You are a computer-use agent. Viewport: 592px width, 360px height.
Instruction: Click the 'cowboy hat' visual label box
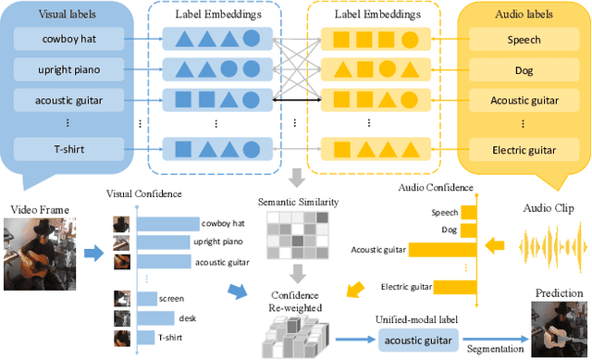click(68, 41)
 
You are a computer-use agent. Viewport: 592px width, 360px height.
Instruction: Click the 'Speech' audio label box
click(523, 41)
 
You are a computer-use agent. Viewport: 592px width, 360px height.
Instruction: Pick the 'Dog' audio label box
click(523, 69)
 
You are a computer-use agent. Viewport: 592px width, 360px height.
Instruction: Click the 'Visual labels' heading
click(68, 15)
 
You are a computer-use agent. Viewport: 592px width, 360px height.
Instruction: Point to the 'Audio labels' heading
click(523, 15)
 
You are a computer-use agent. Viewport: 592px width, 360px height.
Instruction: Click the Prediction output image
click(558, 328)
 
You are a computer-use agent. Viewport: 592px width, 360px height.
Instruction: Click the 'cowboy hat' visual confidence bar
click(167, 223)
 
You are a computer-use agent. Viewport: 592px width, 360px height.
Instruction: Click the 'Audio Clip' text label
click(550, 207)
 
